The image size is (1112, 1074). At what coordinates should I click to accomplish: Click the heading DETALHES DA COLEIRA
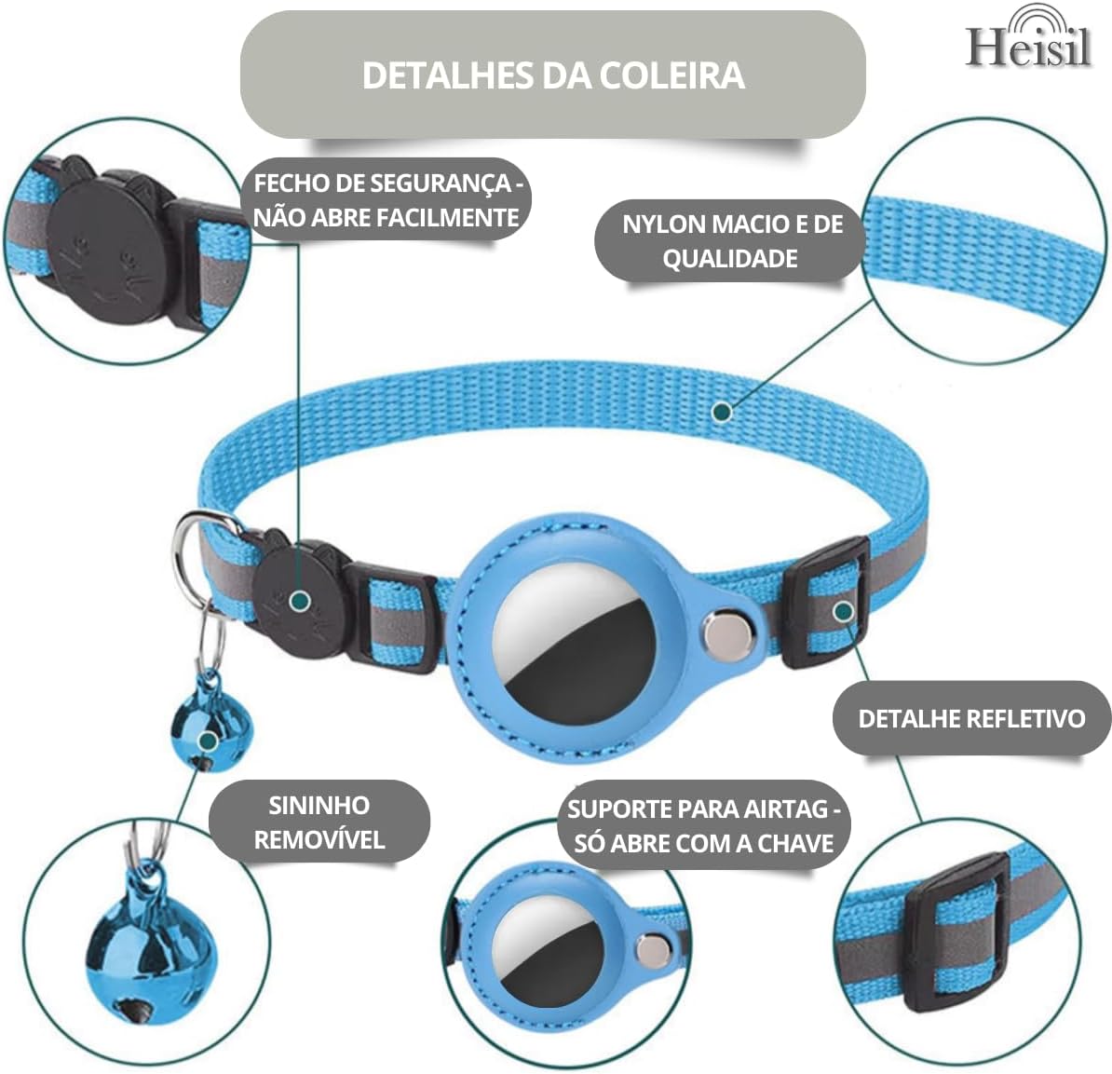(553, 75)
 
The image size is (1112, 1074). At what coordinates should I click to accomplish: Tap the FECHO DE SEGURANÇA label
(386, 200)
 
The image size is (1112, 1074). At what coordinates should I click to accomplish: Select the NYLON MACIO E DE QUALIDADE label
(731, 240)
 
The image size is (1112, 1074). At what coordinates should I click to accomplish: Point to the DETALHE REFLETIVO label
(970, 718)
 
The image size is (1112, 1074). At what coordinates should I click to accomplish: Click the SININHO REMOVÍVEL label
(319, 822)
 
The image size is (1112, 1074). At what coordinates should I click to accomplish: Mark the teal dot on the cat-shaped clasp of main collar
(299, 602)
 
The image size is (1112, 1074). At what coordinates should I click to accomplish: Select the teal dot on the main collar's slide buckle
(843, 611)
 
